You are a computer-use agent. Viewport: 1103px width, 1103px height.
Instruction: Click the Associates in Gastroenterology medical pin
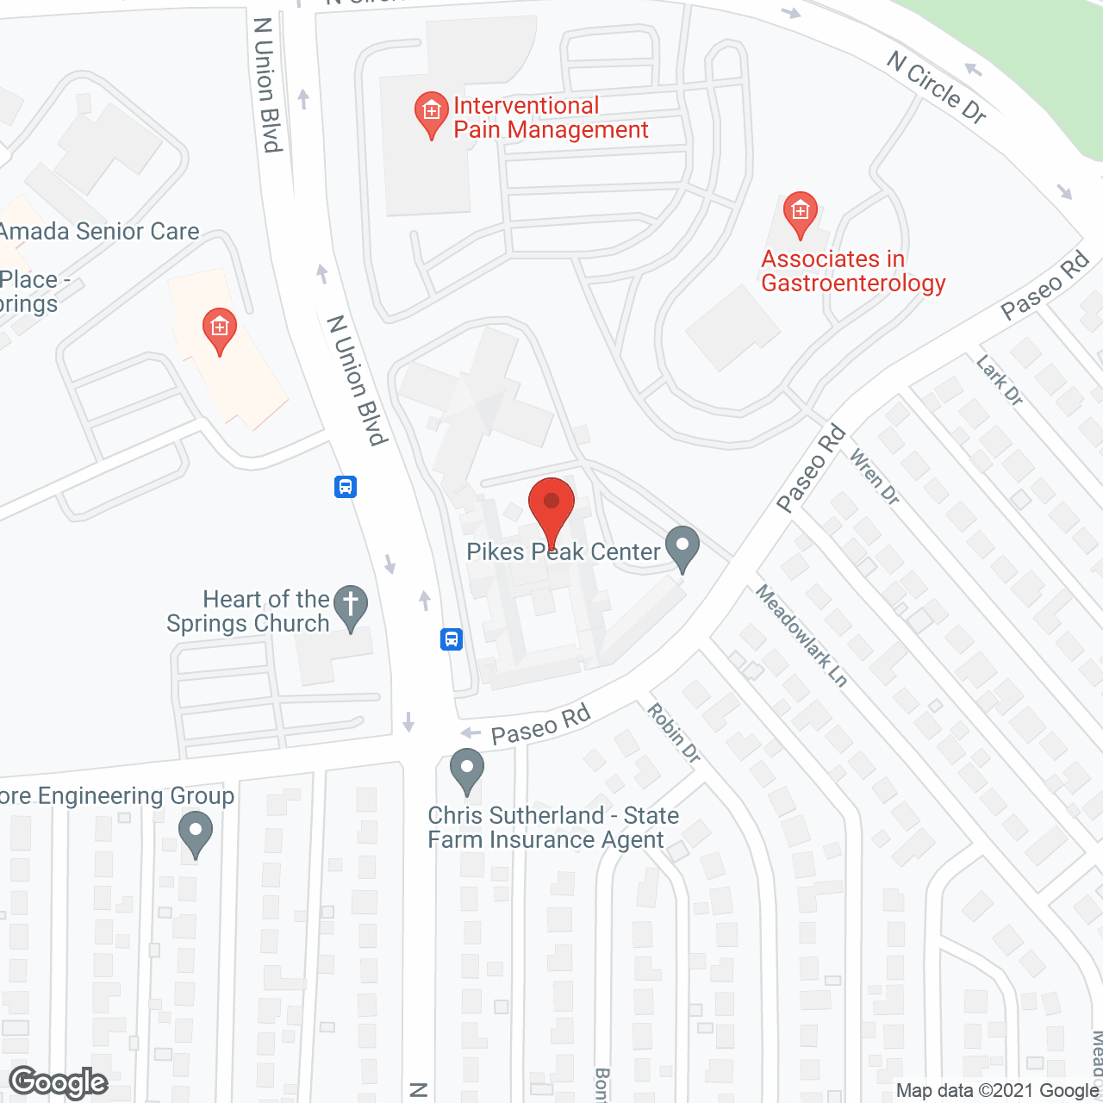pyautogui.click(x=801, y=213)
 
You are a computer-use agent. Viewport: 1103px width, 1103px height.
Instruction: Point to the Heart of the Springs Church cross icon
pyautogui.click(x=351, y=607)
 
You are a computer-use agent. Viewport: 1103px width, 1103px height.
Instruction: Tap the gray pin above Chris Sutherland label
pyautogui.click(x=467, y=770)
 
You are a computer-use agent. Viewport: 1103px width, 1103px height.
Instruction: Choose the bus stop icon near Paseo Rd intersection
pyautogui.click(x=452, y=639)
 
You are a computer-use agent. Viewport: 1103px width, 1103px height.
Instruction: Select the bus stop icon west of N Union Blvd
pyautogui.click(x=346, y=487)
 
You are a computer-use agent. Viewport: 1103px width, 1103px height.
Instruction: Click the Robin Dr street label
pyautogui.click(x=674, y=732)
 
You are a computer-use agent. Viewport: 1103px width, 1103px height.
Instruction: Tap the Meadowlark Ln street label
pyautogui.click(x=801, y=635)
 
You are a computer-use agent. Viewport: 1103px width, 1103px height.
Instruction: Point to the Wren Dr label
pyautogui.click(x=875, y=477)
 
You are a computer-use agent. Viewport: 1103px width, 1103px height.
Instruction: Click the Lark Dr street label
pyautogui.click(x=1000, y=380)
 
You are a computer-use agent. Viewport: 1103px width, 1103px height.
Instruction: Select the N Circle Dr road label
pyautogui.click(x=937, y=87)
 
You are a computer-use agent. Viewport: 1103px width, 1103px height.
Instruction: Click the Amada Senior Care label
pyautogui.click(x=100, y=231)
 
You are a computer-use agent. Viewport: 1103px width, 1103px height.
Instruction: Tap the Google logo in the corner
pyautogui.click(x=59, y=1082)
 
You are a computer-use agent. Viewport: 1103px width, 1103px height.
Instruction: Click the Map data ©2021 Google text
pyautogui.click(x=997, y=1091)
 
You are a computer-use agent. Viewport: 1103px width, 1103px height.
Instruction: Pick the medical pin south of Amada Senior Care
pyautogui.click(x=220, y=329)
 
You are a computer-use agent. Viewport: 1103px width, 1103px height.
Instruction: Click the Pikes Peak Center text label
pyautogui.click(x=564, y=551)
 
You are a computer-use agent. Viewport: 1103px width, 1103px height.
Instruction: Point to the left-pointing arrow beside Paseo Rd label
pyautogui.click(x=470, y=732)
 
